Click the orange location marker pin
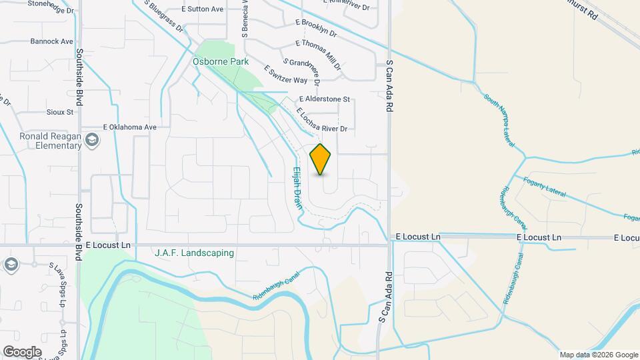(321, 159)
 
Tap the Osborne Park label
(220, 61)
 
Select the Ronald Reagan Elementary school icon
(91, 140)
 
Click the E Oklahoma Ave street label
(129, 127)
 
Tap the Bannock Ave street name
(51, 41)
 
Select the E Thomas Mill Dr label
(319, 53)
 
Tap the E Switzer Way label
(285, 75)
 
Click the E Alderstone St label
(323, 99)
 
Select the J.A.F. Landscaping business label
(194, 253)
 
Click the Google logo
(22, 352)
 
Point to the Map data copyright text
(598, 355)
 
